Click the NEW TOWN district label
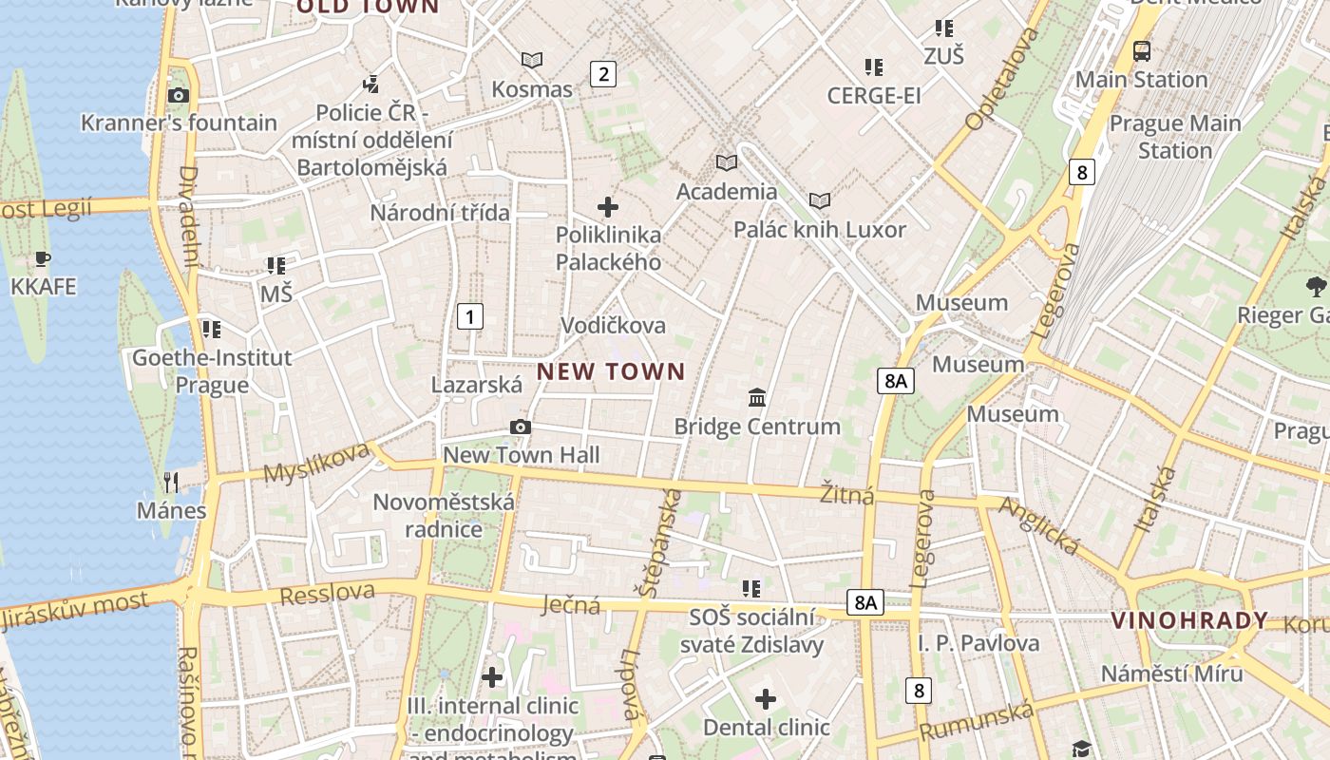click(611, 371)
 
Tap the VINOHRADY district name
click(1189, 621)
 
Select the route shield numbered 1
click(469, 316)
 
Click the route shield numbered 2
click(603, 73)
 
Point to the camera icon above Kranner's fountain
click(178, 95)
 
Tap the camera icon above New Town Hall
click(520, 427)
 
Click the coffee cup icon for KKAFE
click(42, 258)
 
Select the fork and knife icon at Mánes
click(171, 482)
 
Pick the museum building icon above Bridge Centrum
click(757, 397)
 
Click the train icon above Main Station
click(1141, 51)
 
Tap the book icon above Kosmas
click(532, 61)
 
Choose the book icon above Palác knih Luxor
click(819, 200)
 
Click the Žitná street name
click(846, 495)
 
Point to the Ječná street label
click(570, 604)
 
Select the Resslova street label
click(328, 593)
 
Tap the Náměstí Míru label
click(1171, 674)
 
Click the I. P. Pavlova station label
click(978, 643)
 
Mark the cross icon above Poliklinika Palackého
click(608, 206)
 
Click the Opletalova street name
click(1002, 79)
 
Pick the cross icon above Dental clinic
click(766, 700)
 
